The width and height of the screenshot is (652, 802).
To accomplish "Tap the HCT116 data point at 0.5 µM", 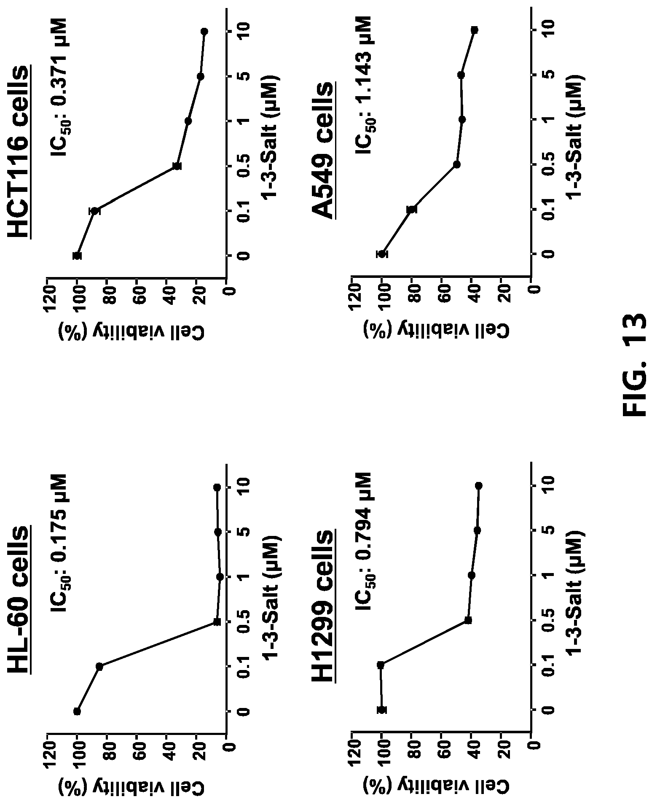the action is coord(177,166).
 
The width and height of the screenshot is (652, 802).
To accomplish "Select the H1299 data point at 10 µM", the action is coord(478,486).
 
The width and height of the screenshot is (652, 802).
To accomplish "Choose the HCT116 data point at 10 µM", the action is coord(204,32).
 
